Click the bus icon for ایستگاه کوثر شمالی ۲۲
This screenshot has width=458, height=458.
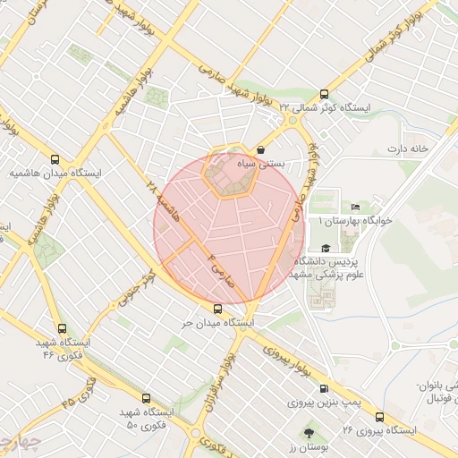click(323, 93)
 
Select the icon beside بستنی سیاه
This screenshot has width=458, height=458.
click(260, 150)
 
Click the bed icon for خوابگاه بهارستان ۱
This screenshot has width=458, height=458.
click(357, 208)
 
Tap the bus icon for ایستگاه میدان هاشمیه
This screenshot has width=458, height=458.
click(55, 158)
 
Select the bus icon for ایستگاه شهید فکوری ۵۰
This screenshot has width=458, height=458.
click(146, 397)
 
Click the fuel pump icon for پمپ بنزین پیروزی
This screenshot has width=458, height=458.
click(323, 389)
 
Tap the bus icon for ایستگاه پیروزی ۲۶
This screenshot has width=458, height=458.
click(379, 417)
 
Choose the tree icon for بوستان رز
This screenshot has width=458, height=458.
click(309, 432)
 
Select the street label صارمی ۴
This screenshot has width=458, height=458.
click(219, 269)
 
